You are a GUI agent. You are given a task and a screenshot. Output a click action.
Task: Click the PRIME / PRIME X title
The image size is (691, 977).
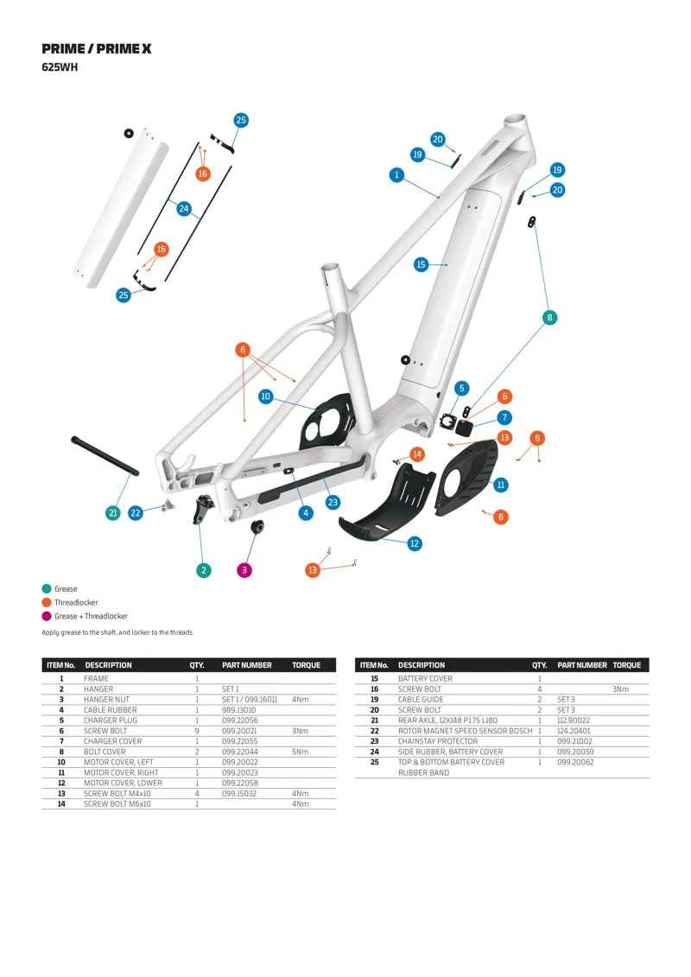(96, 49)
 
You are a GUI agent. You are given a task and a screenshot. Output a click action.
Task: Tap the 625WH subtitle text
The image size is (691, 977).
(60, 67)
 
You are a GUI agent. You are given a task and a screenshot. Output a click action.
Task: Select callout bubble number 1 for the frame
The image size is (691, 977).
(396, 175)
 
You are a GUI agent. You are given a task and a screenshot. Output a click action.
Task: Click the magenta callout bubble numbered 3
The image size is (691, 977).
(244, 570)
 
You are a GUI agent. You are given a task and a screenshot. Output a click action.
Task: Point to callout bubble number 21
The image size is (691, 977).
(112, 513)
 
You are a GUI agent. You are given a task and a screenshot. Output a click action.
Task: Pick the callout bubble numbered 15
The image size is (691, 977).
(421, 264)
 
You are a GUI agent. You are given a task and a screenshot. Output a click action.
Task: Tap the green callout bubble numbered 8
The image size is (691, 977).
(549, 318)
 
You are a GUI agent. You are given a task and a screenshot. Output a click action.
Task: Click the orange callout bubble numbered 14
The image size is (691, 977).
(417, 454)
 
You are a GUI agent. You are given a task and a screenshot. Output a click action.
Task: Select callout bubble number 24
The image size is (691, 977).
(183, 208)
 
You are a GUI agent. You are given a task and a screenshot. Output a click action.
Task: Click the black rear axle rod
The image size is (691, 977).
(105, 455)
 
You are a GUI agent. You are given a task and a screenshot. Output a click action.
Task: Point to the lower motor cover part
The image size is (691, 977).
(389, 510)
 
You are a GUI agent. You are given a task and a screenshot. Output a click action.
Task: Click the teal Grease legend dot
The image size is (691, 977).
(47, 589)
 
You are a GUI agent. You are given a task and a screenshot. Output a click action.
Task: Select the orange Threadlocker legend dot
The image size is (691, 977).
(47, 603)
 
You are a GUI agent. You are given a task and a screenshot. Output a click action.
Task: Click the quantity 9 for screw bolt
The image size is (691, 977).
(197, 731)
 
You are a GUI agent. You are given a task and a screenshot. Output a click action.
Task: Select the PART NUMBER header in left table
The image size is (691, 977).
(246, 665)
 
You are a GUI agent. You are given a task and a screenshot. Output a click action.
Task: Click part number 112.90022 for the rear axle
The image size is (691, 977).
(574, 720)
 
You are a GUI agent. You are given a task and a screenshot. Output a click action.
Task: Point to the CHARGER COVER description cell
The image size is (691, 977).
(110, 741)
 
